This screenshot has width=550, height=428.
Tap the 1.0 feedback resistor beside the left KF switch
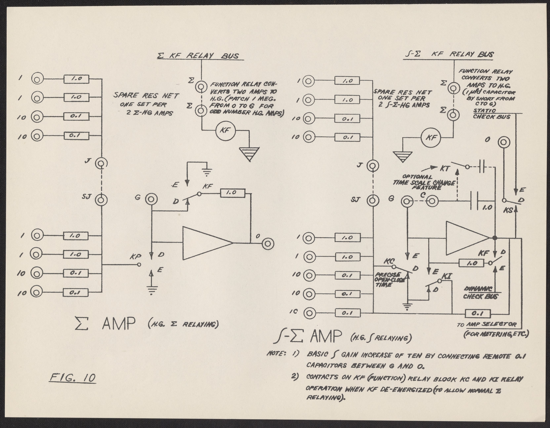click(232, 193)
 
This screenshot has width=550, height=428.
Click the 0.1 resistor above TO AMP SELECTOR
click(477, 314)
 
